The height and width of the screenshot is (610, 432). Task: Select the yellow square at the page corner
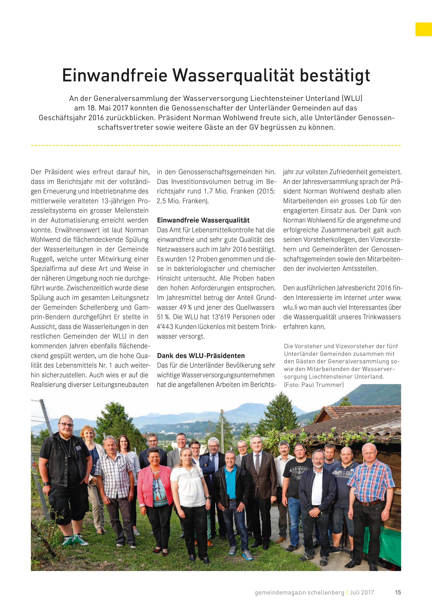point(423,29)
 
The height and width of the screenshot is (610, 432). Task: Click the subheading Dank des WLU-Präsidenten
point(201,356)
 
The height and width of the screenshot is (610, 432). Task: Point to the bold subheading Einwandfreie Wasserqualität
point(203,220)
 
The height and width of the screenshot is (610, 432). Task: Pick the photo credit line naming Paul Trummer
point(314,384)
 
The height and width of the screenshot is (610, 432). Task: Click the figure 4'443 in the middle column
point(165,327)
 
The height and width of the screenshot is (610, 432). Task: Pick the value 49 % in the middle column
point(185,307)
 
